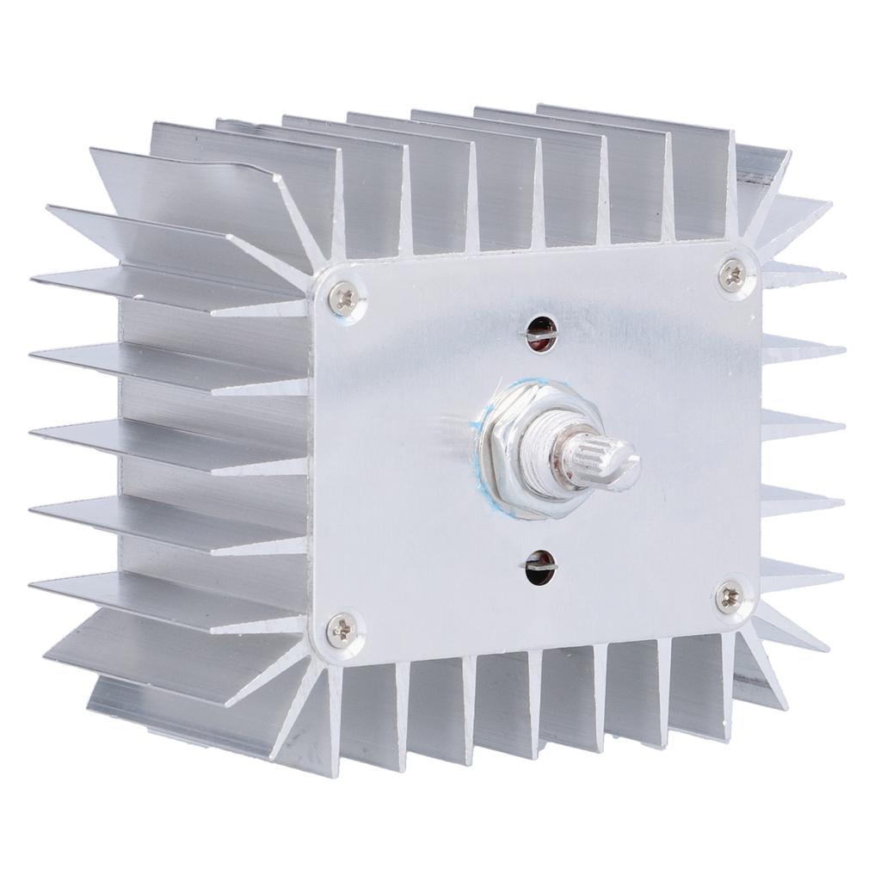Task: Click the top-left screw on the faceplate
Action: tap(347, 298)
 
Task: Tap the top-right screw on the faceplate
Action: tap(732, 274)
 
